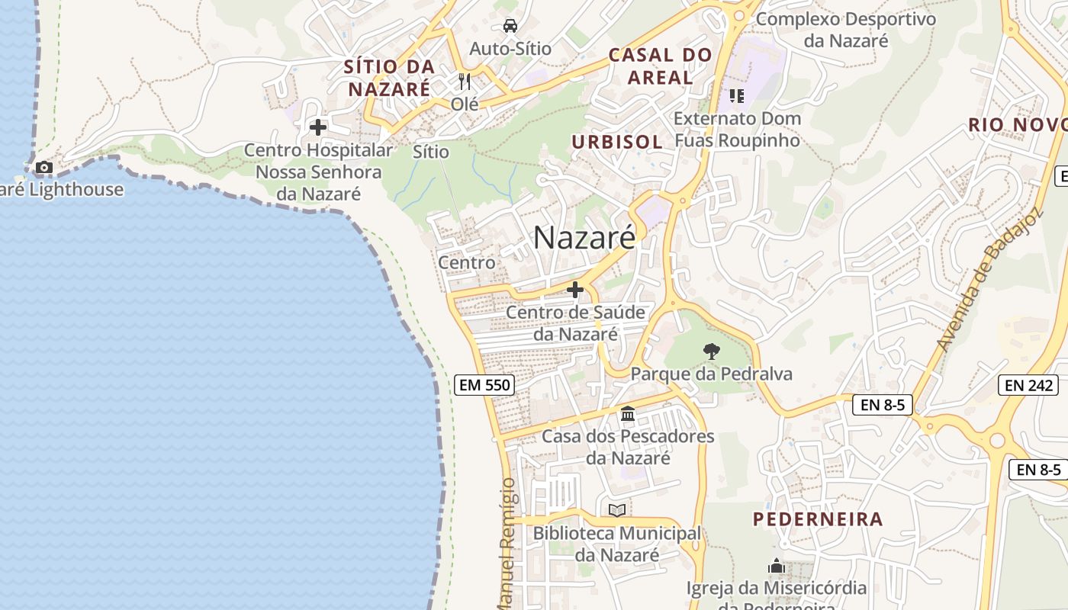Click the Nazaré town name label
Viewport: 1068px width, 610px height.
coord(584,238)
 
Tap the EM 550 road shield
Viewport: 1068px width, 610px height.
coord(484,385)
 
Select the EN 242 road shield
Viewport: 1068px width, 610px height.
coord(1029,385)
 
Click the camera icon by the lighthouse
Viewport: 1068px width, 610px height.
coord(44,167)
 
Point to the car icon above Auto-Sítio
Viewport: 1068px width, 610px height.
coord(510,26)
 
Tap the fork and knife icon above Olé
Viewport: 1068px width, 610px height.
coord(464,81)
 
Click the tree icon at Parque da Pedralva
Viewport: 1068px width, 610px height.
coord(711,352)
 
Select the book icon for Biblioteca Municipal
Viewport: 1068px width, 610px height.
coord(616,510)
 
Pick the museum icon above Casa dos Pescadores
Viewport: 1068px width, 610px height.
coord(628,414)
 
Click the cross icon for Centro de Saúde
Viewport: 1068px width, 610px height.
coord(575,290)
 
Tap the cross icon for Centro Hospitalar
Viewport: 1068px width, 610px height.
coord(318,127)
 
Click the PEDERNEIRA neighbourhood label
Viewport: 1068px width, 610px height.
coord(818,519)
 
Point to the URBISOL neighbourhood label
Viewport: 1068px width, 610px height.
coord(617,142)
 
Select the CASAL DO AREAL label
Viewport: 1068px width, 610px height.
coord(660,66)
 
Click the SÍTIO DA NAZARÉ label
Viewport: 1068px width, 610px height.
coord(389,78)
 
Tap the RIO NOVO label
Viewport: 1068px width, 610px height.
coord(1017,125)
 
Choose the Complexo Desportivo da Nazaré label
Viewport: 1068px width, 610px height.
coord(845,30)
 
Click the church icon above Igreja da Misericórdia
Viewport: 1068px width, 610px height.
coord(776,567)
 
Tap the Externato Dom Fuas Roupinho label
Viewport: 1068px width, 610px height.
coord(737,130)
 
